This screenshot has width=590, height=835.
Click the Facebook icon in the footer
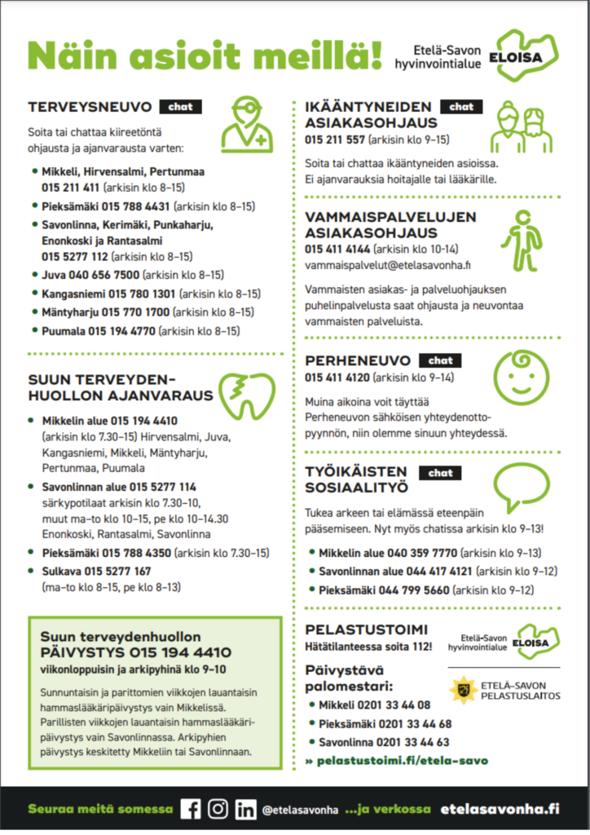[190, 808]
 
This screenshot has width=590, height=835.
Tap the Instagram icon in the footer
[218, 808]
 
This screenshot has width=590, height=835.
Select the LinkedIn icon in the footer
[244, 808]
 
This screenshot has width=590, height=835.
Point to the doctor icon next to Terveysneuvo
[248, 123]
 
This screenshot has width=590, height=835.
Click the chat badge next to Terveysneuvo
[180, 107]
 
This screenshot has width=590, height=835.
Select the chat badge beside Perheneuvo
[440, 360]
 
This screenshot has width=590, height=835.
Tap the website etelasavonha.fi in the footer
[500, 809]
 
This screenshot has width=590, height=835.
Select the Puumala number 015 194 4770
[122, 331]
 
